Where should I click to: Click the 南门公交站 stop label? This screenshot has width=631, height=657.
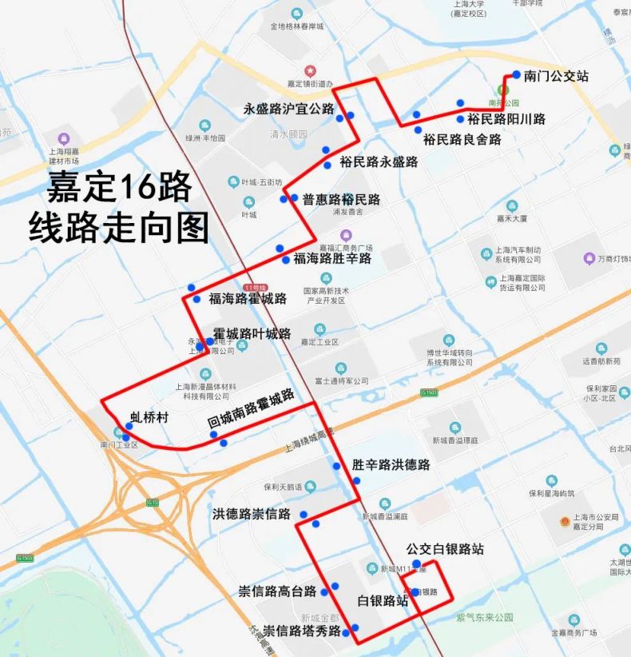click(556, 76)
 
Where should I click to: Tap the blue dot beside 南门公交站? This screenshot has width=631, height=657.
click(517, 74)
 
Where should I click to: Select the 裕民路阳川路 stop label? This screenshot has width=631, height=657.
click(506, 119)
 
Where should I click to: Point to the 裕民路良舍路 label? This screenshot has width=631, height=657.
click(462, 139)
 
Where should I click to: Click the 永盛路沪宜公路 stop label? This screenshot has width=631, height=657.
click(288, 109)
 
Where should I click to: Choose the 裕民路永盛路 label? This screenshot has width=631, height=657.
click(379, 161)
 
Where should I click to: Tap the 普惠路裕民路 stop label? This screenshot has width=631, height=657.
click(341, 199)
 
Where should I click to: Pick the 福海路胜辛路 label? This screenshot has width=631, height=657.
click(332, 258)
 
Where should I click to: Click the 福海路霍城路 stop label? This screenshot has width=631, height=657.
click(248, 299)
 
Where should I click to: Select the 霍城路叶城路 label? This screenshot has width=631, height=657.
click(252, 334)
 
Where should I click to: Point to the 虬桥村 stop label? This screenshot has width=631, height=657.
click(150, 416)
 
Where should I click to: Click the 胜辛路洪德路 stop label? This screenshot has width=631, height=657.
click(391, 464)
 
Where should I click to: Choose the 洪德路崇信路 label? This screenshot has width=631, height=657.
click(252, 514)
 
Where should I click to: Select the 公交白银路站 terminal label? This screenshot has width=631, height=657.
click(445, 549)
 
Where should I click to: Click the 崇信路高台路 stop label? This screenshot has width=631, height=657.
click(278, 591)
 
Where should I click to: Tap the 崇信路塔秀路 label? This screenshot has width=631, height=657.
click(302, 631)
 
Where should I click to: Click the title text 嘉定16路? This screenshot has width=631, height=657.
click(120, 187)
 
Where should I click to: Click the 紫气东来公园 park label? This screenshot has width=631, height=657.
click(484, 617)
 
